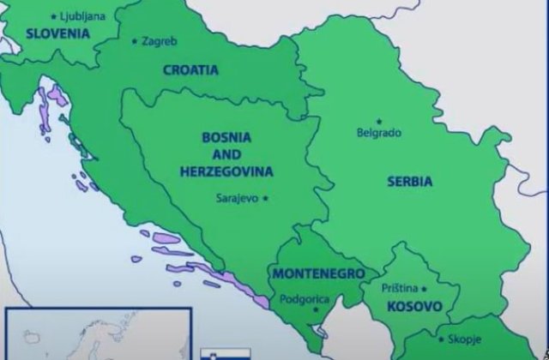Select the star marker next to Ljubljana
point(56,15)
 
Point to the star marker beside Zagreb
point(134,40)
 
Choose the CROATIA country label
point(190,70)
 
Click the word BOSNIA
point(226,136)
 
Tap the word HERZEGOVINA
point(226,171)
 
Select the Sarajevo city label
point(236,198)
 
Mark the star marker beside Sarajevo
point(266,198)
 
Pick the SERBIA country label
point(409,182)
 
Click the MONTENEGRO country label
point(317,273)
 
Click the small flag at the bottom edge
point(214,354)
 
